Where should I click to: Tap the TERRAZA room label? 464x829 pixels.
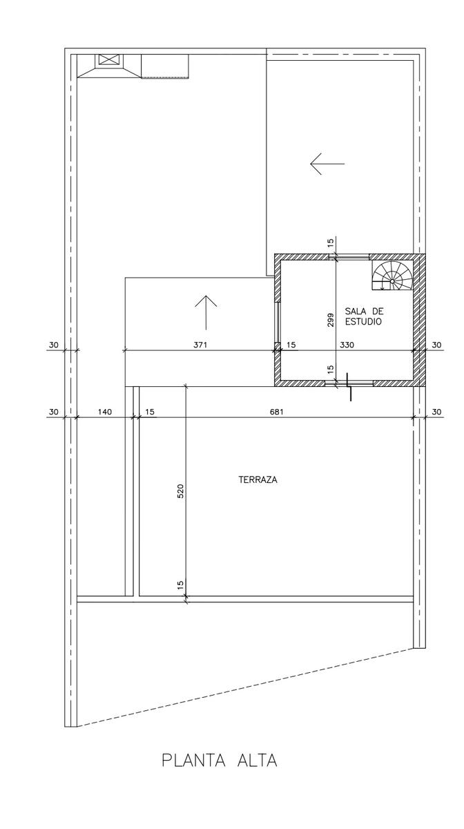[x=258, y=480]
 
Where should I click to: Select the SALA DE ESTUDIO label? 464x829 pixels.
[x=364, y=316]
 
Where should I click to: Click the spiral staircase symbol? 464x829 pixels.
[x=392, y=276]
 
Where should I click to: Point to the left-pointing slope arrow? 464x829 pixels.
[x=327, y=164]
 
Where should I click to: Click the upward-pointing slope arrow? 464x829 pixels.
[x=206, y=312]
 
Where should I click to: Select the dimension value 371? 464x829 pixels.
[x=200, y=345]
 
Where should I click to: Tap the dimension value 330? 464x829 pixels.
[x=347, y=345]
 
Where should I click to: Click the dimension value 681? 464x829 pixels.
[x=276, y=412]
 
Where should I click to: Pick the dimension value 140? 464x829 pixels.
[x=105, y=412]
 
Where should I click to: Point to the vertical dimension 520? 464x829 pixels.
[x=181, y=491]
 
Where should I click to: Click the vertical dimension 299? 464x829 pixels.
[x=331, y=320]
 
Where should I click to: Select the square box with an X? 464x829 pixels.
[x=110, y=59]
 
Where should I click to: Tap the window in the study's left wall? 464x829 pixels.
[x=277, y=322]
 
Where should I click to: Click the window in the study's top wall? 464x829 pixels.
[x=349, y=256]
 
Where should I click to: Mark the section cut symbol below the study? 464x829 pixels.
[x=349, y=387]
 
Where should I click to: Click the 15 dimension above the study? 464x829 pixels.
[x=331, y=242]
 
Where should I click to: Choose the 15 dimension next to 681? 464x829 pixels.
[x=150, y=412]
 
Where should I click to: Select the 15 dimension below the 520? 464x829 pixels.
[x=181, y=584]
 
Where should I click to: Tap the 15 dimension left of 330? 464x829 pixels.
[x=291, y=345]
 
